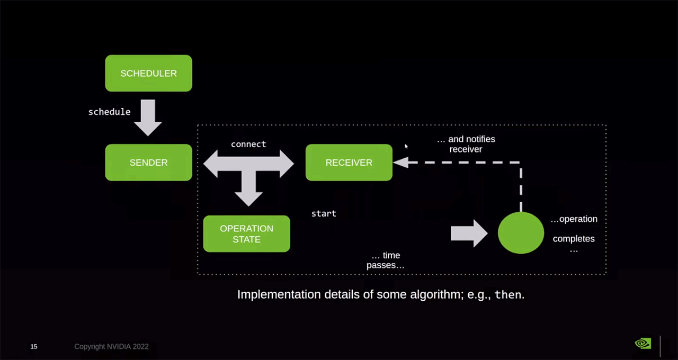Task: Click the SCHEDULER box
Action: (148, 73)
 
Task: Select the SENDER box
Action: (148, 163)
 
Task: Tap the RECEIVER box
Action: (349, 163)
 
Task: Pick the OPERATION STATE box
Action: (246, 233)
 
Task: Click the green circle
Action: (521, 233)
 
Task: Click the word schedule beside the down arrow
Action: (109, 112)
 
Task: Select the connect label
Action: (248, 144)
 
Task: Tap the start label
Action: (324, 213)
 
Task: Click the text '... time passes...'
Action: (386, 260)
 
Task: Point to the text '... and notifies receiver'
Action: (466, 144)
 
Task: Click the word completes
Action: (574, 239)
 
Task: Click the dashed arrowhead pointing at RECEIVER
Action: (400, 163)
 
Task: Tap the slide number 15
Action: (34, 347)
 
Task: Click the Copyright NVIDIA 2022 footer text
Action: (111, 347)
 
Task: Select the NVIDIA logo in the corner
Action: (643, 344)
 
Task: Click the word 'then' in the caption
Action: (507, 295)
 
